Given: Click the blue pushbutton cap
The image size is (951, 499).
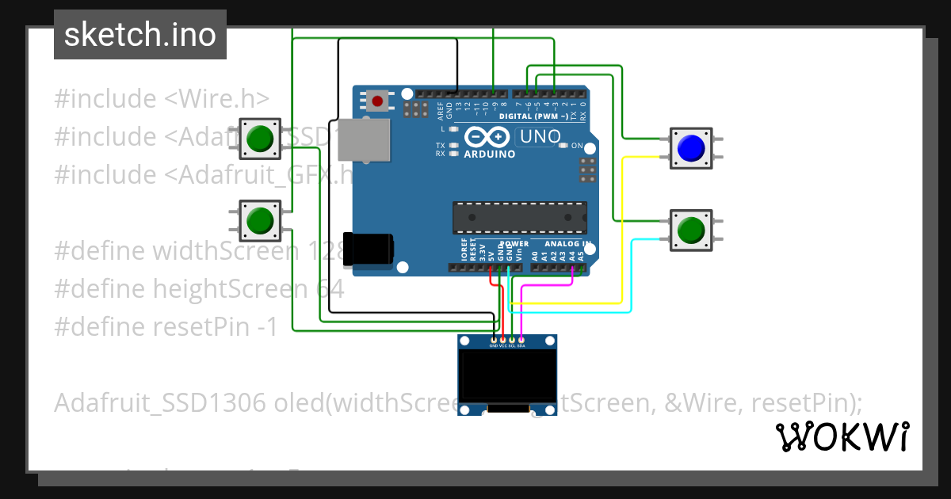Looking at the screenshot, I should (x=691, y=147).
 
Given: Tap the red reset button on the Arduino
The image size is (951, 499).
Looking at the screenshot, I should (x=378, y=101).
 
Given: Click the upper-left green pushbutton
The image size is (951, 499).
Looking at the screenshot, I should (x=259, y=139).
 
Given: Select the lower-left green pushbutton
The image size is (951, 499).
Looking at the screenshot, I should (x=259, y=220).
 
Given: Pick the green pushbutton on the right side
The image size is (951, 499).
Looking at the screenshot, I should (x=691, y=230).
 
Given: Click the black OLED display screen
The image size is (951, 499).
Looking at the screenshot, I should (x=507, y=377).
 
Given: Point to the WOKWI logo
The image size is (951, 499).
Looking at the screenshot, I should (x=842, y=436).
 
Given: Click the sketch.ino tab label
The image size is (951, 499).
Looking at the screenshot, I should (x=140, y=35).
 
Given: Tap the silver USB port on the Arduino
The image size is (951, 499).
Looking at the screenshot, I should (x=366, y=141).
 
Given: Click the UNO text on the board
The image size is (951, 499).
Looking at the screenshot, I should (x=539, y=137).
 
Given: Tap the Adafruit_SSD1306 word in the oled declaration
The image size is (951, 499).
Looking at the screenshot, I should (x=159, y=403).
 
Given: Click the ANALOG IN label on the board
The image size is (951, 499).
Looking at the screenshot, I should (x=568, y=244).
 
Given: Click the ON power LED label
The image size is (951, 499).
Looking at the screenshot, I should (x=577, y=146).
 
